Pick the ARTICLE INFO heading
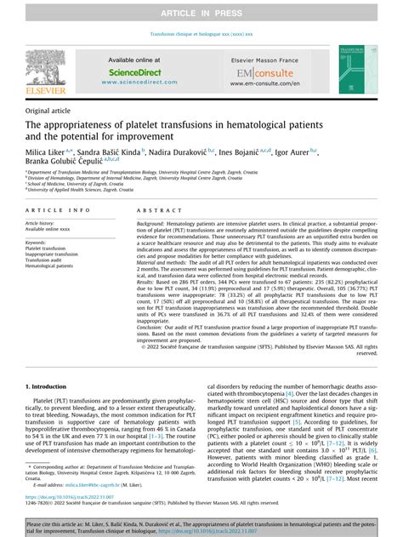(x=54, y=209)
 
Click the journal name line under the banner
(x=201, y=35)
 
